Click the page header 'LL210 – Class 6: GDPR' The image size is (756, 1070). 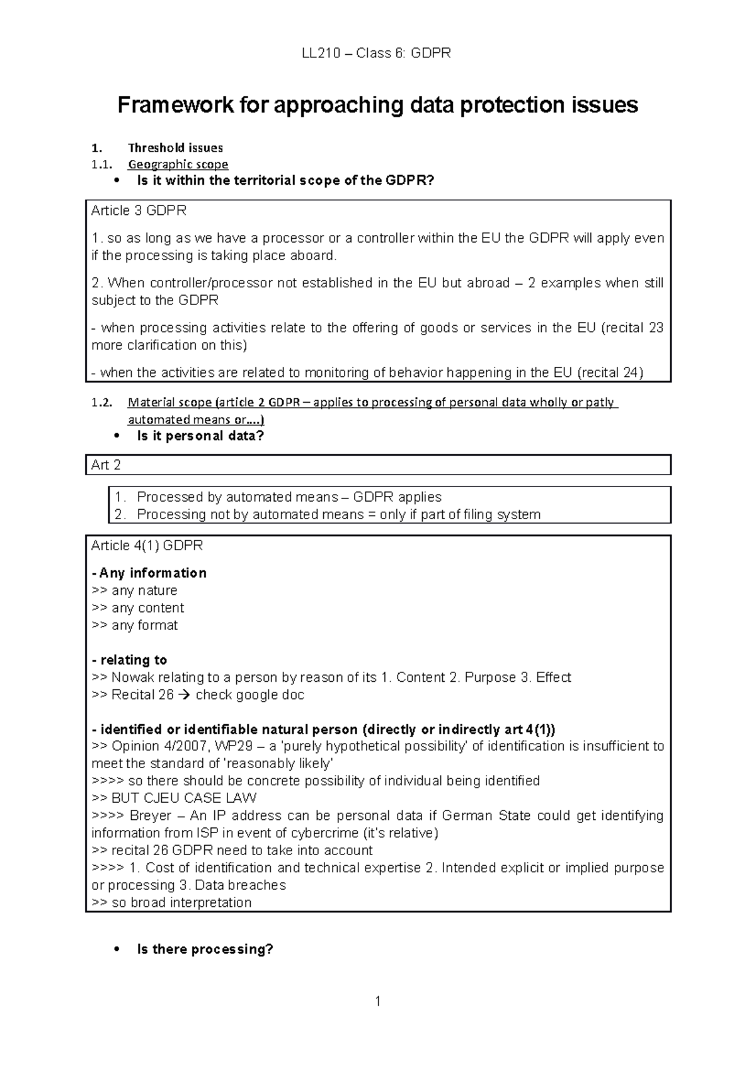(376, 53)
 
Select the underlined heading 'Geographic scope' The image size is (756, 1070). (178, 164)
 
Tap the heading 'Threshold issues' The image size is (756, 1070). (175, 148)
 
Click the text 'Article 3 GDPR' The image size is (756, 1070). (139, 210)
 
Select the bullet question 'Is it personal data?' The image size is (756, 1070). (200, 435)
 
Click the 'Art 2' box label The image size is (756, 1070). (106, 465)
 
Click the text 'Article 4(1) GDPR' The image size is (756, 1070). (147, 545)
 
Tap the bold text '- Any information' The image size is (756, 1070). (149, 573)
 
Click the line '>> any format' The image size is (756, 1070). (135, 625)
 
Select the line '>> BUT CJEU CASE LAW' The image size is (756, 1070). (174, 798)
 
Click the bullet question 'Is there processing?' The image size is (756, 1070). (205, 949)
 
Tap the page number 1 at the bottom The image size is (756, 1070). (377, 1001)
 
